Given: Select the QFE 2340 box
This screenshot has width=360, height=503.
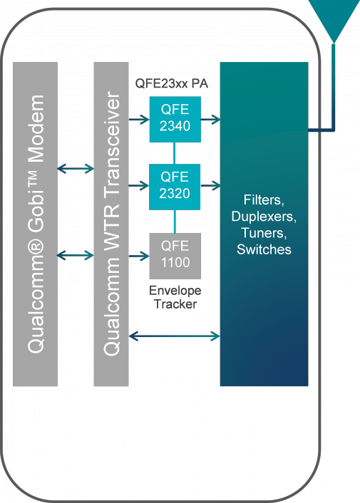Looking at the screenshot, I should coord(175,118).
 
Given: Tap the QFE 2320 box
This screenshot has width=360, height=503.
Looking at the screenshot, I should coord(175,187).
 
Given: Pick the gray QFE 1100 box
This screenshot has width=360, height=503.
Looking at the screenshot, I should coord(175,255).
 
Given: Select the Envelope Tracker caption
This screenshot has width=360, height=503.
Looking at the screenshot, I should coord(175,297).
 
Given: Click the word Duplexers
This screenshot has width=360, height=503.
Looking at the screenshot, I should coord(264,215).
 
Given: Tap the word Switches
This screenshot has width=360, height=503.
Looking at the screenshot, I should coord(264,249).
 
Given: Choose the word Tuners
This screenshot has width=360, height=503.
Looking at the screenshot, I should coord(264,232).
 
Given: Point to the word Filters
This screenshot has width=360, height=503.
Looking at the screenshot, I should coord(264,198).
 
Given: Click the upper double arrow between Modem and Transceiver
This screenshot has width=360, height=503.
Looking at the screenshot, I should coord(76,169).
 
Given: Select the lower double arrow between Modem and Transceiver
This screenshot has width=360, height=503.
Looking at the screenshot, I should coord(76,255).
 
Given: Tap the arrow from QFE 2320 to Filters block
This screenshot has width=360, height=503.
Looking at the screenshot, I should coord(210,187).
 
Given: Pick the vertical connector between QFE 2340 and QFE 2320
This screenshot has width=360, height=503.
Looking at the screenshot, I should coord(175,152).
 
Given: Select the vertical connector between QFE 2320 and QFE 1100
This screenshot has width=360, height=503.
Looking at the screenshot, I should coord(175,221).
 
